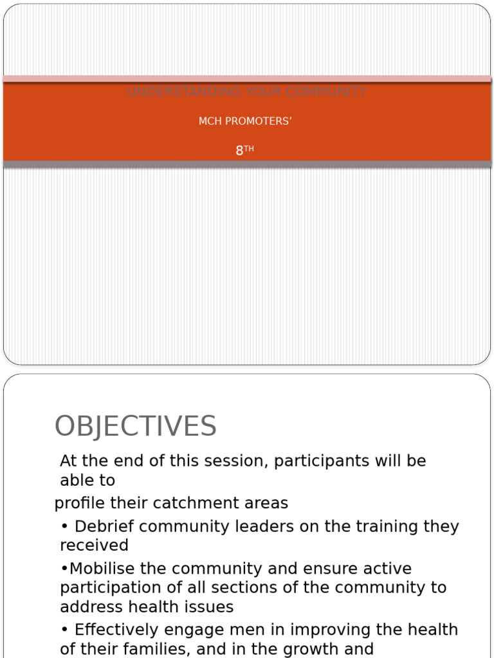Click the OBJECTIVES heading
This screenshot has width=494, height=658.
click(x=136, y=427)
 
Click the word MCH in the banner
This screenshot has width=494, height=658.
click(x=210, y=121)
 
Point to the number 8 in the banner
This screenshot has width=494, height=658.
click(x=239, y=151)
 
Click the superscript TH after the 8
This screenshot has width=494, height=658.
click(x=249, y=148)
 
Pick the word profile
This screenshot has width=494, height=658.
click(x=75, y=503)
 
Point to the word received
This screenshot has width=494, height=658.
click(x=94, y=546)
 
